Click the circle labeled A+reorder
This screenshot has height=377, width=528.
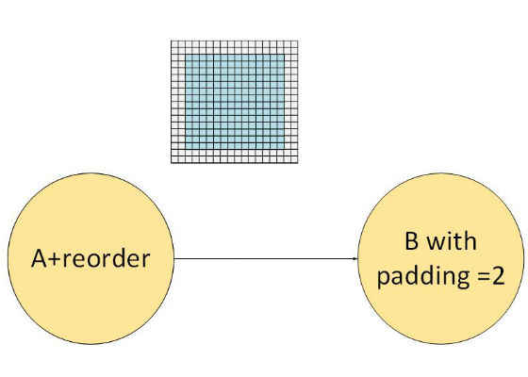(91, 258)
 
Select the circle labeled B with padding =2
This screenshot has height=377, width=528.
(441, 258)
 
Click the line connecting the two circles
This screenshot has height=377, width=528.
(266, 258)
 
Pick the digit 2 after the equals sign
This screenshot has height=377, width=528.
(497, 276)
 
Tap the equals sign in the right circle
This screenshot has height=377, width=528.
(481, 277)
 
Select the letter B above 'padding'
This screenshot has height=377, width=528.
(411, 241)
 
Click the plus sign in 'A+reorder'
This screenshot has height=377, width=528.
(54, 260)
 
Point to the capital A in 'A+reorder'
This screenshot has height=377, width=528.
(39, 258)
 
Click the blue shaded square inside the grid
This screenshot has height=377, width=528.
(235, 102)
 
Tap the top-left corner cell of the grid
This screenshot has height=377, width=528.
(174, 44)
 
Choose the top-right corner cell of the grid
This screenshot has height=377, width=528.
(294, 44)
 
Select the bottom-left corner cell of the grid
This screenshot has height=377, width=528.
(174, 159)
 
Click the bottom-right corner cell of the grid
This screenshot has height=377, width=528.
(294, 159)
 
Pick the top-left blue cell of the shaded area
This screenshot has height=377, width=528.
(189, 57)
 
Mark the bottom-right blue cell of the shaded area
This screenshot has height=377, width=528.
(281, 146)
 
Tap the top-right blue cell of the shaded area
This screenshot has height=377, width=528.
(281, 57)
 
